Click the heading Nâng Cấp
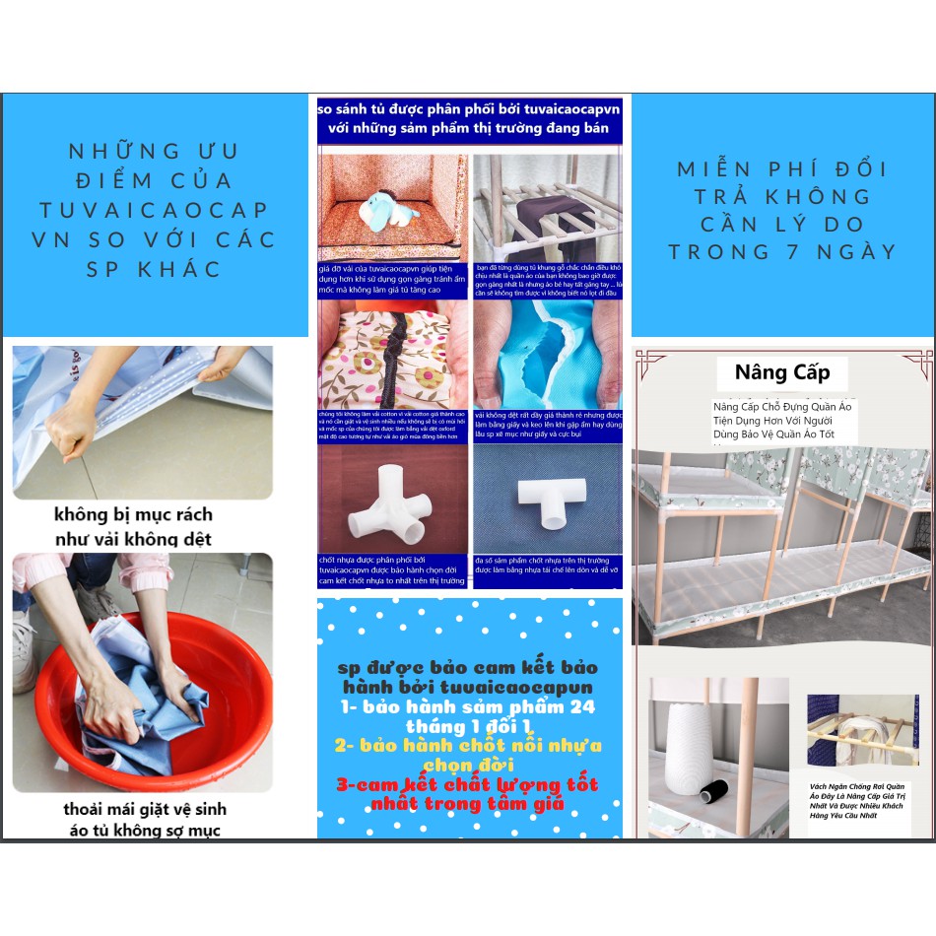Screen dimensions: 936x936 782,372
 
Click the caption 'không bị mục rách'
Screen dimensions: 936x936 133,514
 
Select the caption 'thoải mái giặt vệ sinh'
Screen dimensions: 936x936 145,809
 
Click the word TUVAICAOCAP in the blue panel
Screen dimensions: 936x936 154,210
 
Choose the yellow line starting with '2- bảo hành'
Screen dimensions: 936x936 468,746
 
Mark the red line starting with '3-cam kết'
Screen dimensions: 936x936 468,785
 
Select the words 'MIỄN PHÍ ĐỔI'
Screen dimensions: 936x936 782,168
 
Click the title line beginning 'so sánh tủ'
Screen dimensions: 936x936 469,107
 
